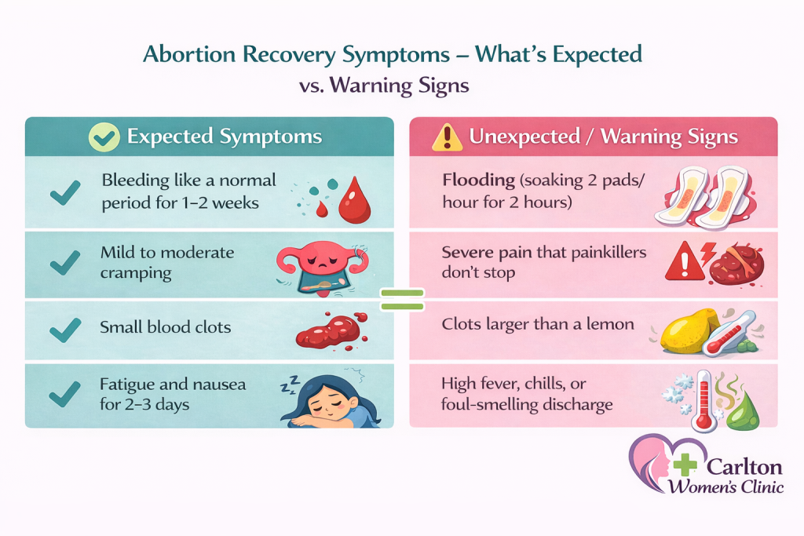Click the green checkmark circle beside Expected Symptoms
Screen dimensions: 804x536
click(x=104, y=137)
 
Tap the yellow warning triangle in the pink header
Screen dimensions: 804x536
click(x=447, y=137)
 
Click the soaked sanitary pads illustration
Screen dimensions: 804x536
click(x=705, y=197)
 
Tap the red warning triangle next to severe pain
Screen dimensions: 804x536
click(x=685, y=261)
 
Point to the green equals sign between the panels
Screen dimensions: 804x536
click(x=402, y=300)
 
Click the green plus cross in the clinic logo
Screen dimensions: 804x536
click(x=685, y=465)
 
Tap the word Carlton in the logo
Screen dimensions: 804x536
click(x=744, y=467)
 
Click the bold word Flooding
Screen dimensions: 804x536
click(x=478, y=180)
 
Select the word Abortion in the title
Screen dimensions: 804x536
click(x=189, y=54)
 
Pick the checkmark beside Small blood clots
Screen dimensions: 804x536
click(x=65, y=330)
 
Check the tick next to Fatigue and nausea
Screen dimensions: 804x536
click(x=64, y=395)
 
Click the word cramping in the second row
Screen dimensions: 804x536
click(x=136, y=274)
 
